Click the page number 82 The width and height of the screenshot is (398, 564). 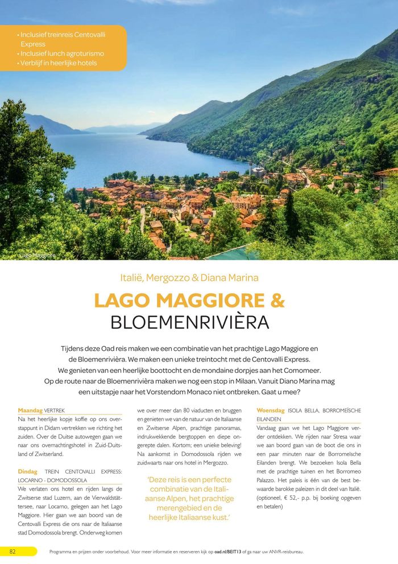pyautogui.click(x=12, y=551)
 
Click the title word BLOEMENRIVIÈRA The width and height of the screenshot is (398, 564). pyautogui.click(x=189, y=322)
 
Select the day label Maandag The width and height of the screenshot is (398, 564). pyautogui.click(x=30, y=410)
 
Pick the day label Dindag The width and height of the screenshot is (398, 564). pyautogui.click(x=28, y=471)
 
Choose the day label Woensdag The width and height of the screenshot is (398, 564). pyautogui.click(x=270, y=410)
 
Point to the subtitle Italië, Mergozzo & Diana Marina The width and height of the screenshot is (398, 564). pyautogui.click(x=189, y=278)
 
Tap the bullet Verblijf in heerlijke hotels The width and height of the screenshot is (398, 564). pyautogui.click(x=59, y=63)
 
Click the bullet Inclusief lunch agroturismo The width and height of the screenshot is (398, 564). pyautogui.click(x=62, y=53)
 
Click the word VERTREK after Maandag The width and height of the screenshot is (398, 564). pyautogui.click(x=55, y=410)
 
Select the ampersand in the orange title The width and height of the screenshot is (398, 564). pyautogui.click(x=277, y=301)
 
